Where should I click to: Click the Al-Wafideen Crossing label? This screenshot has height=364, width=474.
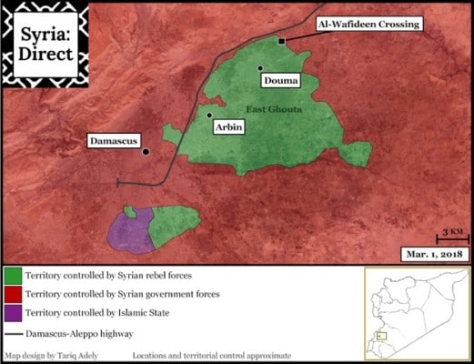click(x=368, y=24)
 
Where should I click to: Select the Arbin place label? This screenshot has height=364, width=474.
click(x=227, y=129)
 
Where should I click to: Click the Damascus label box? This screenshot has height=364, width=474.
click(x=114, y=141)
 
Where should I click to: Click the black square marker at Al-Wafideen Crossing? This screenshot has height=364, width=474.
click(x=283, y=42)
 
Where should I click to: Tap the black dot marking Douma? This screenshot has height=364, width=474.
click(x=260, y=67)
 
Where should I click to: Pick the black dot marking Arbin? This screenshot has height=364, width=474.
click(x=209, y=116)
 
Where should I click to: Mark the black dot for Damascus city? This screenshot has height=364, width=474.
click(x=146, y=152)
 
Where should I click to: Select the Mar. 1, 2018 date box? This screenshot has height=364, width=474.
click(x=434, y=252)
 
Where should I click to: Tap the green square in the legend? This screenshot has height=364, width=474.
click(x=13, y=274)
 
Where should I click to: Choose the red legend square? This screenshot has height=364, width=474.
click(x=13, y=294)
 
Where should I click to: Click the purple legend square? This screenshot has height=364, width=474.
click(x=13, y=314)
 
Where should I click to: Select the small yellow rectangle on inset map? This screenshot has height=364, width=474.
click(x=381, y=336)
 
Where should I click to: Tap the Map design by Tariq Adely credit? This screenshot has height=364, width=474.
click(x=51, y=355)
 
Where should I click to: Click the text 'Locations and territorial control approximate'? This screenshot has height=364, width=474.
click(x=212, y=355)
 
